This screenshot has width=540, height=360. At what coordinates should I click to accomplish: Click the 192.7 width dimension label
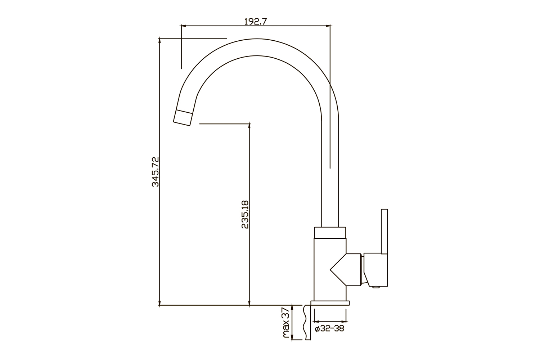pyautogui.click(x=256, y=22)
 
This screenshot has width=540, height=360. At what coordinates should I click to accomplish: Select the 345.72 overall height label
pyautogui.click(x=156, y=172)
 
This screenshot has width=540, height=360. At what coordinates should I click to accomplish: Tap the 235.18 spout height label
pyautogui.click(x=245, y=214)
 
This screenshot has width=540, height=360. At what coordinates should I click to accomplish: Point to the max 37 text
pyautogui.click(x=286, y=323)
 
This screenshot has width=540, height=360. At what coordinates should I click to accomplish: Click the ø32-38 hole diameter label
pyautogui.click(x=329, y=329)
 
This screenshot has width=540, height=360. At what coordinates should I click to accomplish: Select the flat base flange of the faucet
pyautogui.click(x=330, y=303)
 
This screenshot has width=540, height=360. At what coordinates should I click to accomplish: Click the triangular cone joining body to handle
pyautogui.click(x=338, y=270)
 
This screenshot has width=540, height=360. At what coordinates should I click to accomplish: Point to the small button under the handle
pyautogui.click(x=375, y=287)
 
